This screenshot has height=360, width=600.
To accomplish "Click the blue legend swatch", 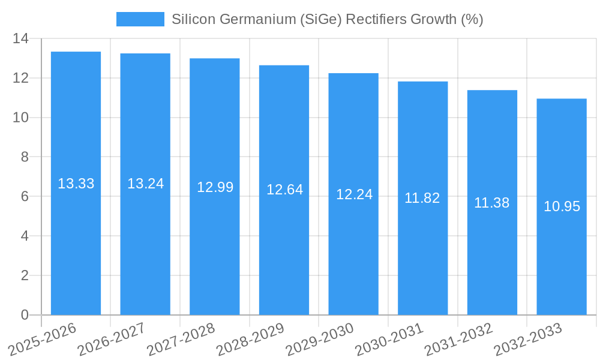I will point(140,19).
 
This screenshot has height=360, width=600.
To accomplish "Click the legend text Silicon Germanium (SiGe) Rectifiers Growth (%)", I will point(327,19).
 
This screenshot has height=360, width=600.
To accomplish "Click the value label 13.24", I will point(145,184).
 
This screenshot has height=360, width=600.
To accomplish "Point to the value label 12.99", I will point(215,187).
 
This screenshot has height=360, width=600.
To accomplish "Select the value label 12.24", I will point(354,194).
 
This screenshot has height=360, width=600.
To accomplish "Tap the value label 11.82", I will point(422,198).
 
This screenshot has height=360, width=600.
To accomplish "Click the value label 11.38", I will point(491,203).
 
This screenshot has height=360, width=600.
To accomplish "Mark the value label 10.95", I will point(562,206).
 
